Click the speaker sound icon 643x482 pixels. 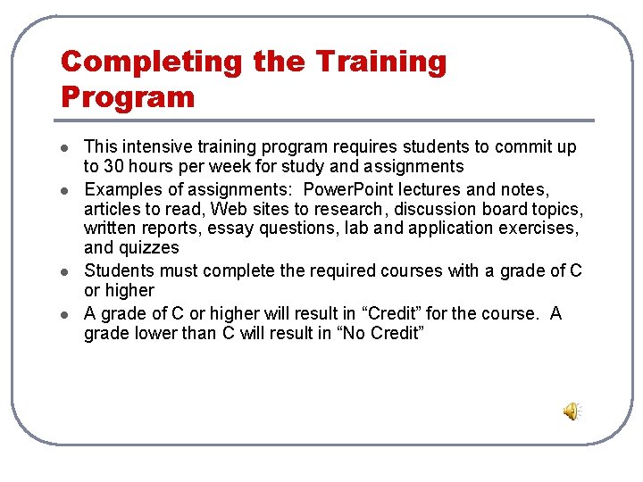(571, 411)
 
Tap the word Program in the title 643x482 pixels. (127, 96)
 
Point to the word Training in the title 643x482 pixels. (381, 62)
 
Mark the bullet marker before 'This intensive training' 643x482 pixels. (64, 147)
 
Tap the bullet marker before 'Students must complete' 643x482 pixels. (64, 270)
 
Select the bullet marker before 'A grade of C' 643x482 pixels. (64, 313)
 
